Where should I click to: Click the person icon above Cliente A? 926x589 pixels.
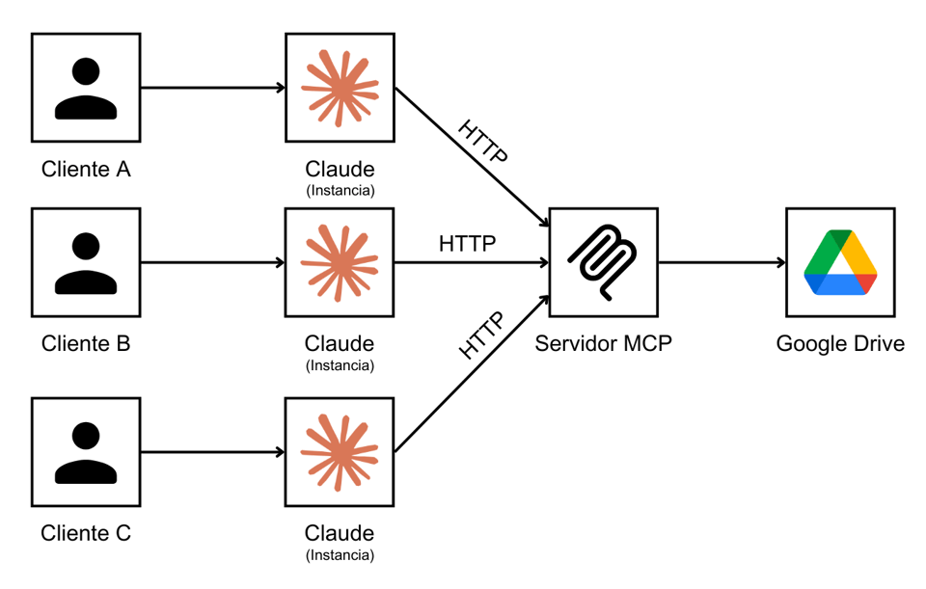click(x=86, y=88)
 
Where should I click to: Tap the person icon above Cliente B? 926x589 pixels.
click(x=86, y=262)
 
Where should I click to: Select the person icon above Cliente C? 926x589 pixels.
click(x=86, y=451)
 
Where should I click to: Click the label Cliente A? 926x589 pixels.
click(x=86, y=170)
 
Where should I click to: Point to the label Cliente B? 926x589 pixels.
click(x=86, y=343)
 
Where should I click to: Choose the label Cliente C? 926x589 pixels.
click(x=86, y=533)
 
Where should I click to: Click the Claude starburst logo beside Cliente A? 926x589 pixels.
click(x=340, y=88)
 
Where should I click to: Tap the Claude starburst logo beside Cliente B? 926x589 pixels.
click(x=340, y=262)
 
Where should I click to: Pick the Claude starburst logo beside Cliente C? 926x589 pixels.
click(x=340, y=451)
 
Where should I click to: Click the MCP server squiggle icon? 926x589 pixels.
click(x=604, y=262)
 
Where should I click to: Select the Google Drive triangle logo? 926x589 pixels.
click(x=841, y=262)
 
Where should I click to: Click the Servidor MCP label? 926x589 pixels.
click(x=604, y=343)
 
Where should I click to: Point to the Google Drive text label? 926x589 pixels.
click(x=841, y=343)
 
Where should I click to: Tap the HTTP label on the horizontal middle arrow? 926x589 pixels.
click(x=468, y=244)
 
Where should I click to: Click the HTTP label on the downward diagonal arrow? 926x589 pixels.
click(x=482, y=142)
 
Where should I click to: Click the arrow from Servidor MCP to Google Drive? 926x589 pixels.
click(x=722, y=262)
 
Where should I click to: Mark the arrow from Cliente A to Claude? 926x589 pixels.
click(x=212, y=88)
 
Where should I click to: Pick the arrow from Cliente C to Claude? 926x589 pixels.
click(x=212, y=451)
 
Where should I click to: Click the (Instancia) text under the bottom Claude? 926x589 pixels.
click(x=340, y=555)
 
